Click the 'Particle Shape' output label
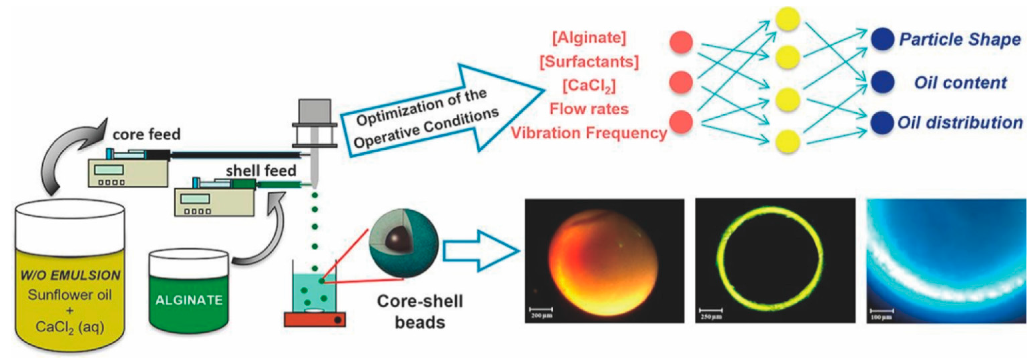pos(960,39)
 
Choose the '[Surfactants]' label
pos(589,62)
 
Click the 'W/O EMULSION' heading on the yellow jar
pos(70,275)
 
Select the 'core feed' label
pos(146,134)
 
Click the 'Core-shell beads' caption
pos(420,311)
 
